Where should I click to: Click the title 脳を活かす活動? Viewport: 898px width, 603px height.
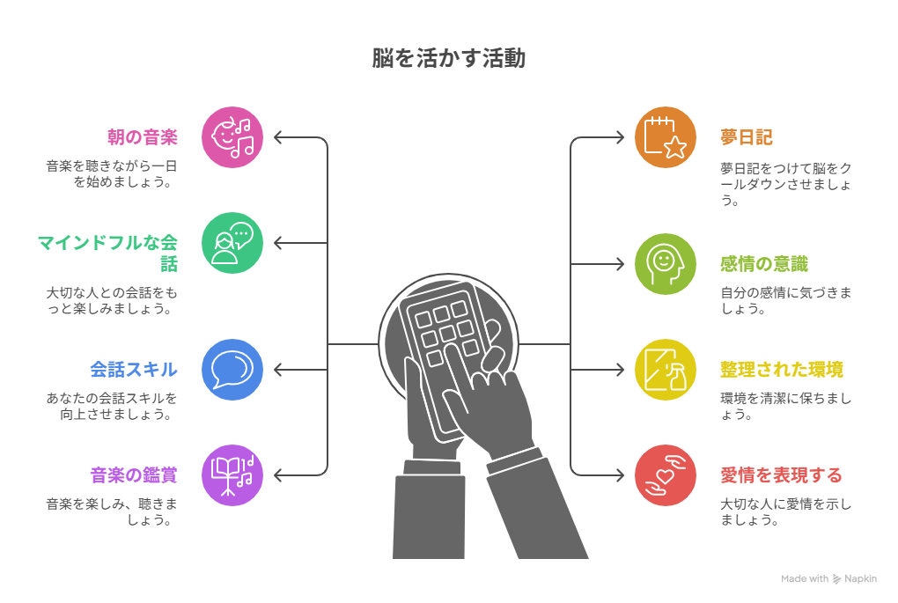tap(448, 58)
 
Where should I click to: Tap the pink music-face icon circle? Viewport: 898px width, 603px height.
tap(232, 137)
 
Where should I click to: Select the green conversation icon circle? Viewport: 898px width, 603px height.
tap(232, 243)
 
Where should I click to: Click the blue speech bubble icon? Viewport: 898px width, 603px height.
tap(232, 370)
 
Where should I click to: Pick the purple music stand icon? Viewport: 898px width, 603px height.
tap(232, 475)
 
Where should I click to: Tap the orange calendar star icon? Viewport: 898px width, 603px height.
tap(666, 137)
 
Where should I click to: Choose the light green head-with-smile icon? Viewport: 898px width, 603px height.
tap(666, 264)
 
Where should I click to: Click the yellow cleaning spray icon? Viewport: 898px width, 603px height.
tap(666, 370)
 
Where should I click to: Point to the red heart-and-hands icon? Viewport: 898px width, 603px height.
tap(666, 475)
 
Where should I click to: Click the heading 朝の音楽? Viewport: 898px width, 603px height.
tap(143, 136)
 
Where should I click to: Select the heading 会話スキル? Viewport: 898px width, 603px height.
tap(134, 370)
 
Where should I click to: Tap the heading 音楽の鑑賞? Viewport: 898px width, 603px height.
tap(134, 474)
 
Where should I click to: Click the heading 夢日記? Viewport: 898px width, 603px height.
tap(747, 136)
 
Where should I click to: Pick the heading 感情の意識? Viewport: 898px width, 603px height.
tap(764, 264)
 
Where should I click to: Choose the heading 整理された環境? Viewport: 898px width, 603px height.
tap(782, 370)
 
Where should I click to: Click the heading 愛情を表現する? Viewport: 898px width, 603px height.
tap(781, 474)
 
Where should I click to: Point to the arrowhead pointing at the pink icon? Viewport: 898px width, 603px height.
tap(278, 137)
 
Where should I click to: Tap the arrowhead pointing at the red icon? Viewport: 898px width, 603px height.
tap(620, 475)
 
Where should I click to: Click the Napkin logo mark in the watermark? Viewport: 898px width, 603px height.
tap(836, 579)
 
